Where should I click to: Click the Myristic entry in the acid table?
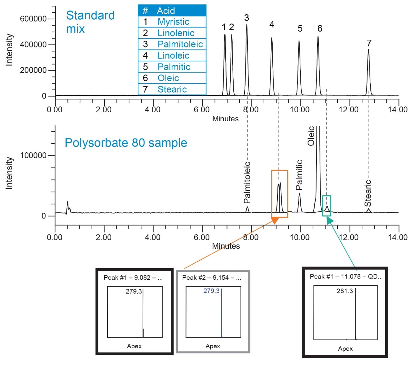coord(173,22)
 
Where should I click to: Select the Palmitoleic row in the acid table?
coord(180,44)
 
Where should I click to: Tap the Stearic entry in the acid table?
coord(172,89)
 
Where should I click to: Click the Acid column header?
coord(166,11)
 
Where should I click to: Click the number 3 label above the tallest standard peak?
coord(247,18)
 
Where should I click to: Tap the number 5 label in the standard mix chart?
coord(300,29)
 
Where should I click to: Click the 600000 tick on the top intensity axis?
coord(33,19)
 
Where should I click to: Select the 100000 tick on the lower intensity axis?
coord(33,156)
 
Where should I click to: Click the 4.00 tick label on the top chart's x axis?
coord(153,110)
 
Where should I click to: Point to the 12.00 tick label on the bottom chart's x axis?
coord(349,238)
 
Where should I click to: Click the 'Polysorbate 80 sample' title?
coord(126,143)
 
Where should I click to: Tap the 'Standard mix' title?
coord(90,22)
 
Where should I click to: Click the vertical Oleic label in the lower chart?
coord(311,136)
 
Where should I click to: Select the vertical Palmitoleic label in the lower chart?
coord(247,183)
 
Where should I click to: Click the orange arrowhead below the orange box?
coord(275,220)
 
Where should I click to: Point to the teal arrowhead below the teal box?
coord(329,220)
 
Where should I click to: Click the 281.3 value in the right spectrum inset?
coord(345,291)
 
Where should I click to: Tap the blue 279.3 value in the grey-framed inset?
coord(211,291)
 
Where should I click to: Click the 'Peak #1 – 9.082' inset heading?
coord(133,278)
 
